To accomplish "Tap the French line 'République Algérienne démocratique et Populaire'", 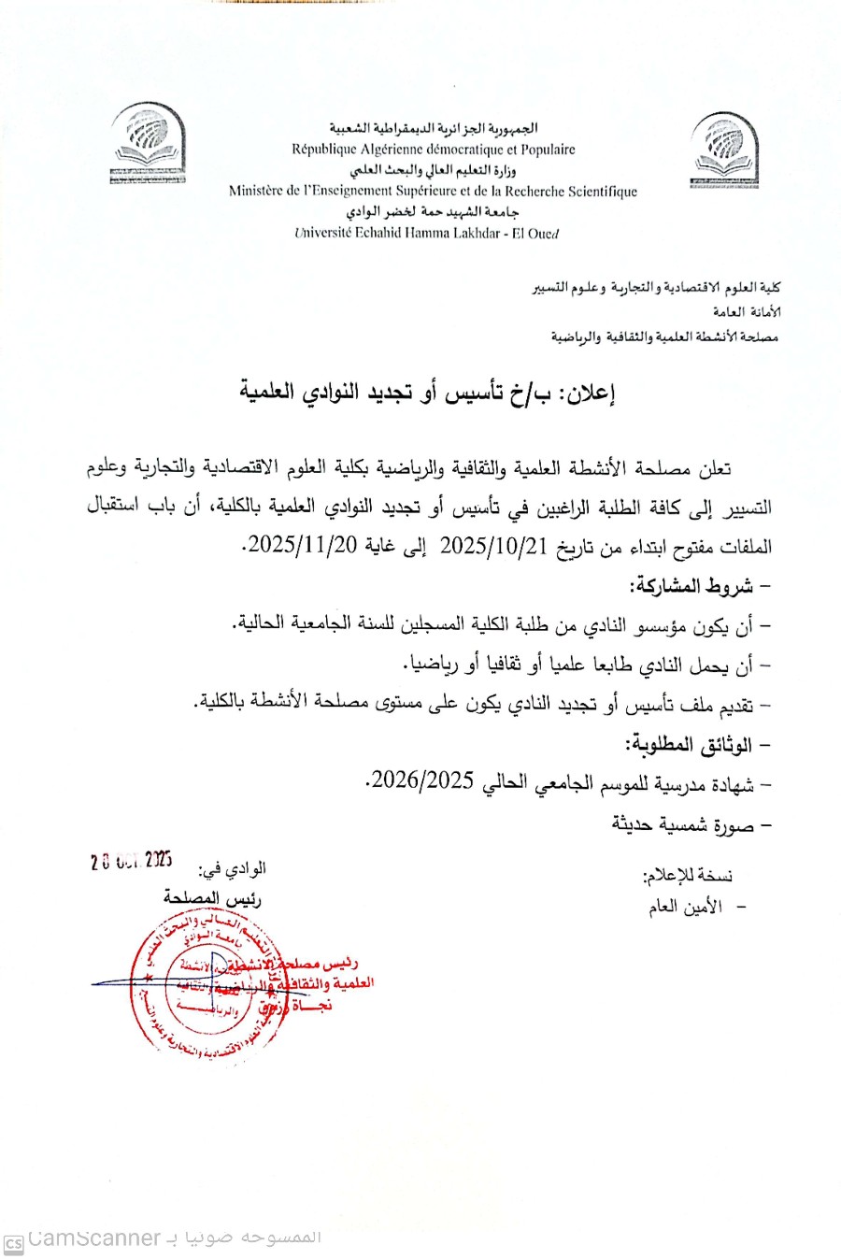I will click(434, 150).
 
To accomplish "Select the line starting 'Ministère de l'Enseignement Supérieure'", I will click(433, 192).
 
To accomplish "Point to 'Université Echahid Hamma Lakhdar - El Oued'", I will click(426, 234).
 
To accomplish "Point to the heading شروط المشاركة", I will click(694, 586).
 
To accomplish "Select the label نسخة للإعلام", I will click(689, 876).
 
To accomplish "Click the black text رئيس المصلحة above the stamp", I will click(213, 897).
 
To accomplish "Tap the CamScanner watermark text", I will click(93, 1238).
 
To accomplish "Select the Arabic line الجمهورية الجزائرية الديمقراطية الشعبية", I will click(434, 128).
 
